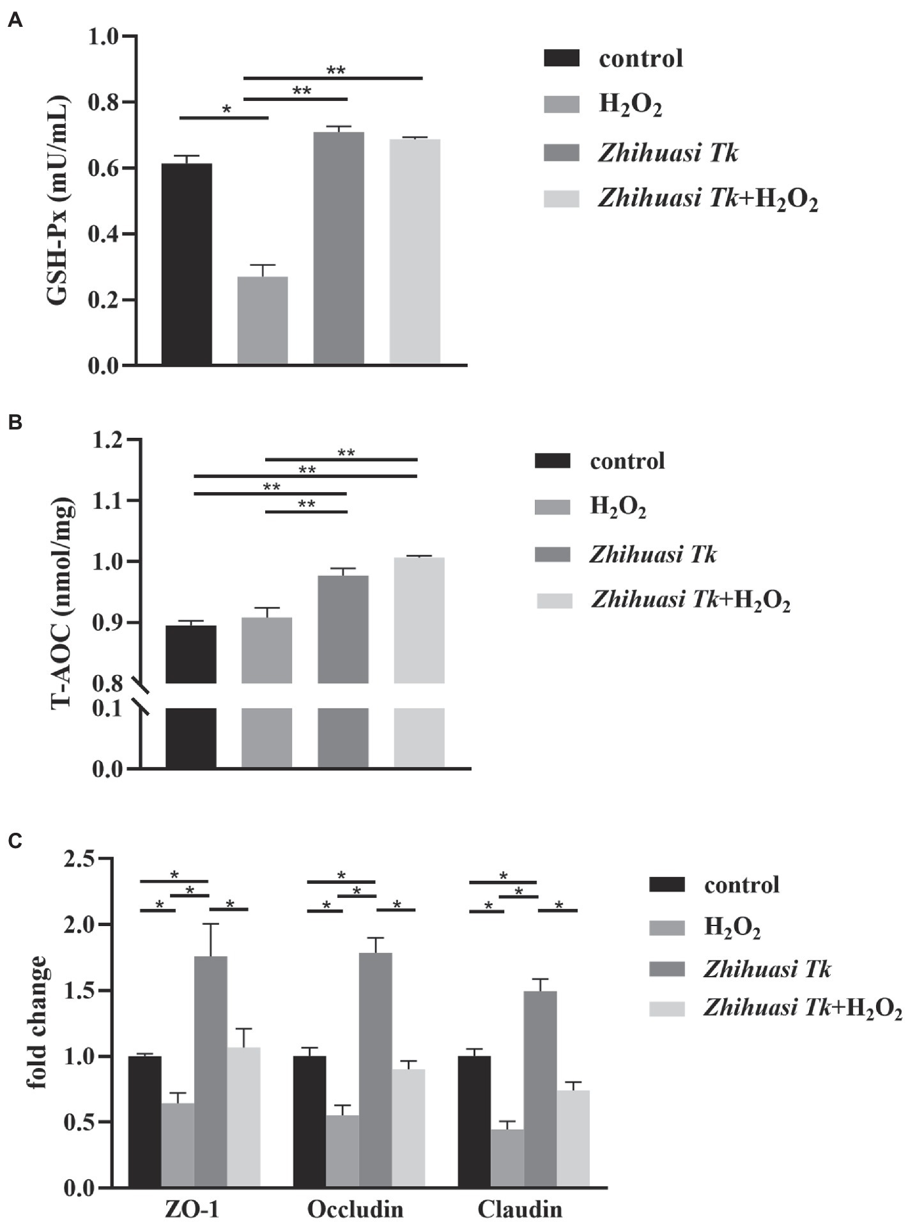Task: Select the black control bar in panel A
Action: tap(186, 264)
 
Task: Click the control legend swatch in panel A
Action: tap(561, 59)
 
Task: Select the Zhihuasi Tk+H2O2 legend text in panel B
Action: tap(690, 600)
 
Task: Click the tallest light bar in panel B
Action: tap(419, 620)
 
